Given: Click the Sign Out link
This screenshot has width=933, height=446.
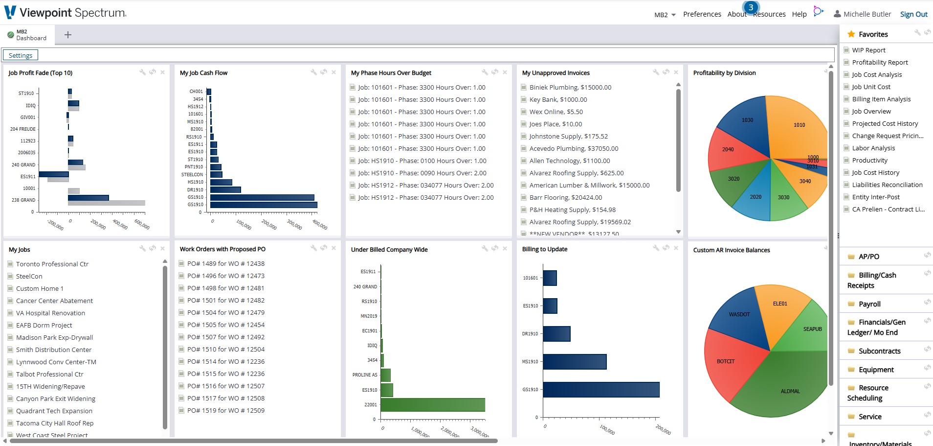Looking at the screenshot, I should coord(913,14).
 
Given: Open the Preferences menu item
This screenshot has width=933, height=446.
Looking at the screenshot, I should coord(702,14).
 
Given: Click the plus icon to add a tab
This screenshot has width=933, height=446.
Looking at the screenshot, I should coord(68,35).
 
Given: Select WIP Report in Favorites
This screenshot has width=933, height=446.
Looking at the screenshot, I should coord(868,50).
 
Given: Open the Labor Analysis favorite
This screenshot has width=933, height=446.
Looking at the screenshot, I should coord(873,148).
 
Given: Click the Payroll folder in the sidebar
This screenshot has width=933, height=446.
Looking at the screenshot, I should coord(869,304).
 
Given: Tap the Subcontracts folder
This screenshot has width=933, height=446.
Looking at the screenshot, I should coord(879,351).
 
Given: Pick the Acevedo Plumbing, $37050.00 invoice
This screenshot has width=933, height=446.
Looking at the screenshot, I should coord(574,148).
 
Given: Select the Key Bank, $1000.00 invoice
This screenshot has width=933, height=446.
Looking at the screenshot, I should coord(558,99).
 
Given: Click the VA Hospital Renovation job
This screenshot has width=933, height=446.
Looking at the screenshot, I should coord(50,313).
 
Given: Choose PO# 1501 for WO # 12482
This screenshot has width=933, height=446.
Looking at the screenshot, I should coord(225,300).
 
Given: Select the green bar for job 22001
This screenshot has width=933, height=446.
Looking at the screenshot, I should coord(433,405).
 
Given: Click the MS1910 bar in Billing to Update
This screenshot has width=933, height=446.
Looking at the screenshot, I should coord(575,362).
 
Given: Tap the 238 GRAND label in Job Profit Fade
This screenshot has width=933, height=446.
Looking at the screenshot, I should coord(23,200).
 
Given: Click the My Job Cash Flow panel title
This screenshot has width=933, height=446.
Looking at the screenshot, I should coord(203,73).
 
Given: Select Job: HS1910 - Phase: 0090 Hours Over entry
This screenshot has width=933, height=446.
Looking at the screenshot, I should coord(422,173).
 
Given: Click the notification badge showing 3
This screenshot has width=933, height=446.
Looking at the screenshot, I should coord(751,7).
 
